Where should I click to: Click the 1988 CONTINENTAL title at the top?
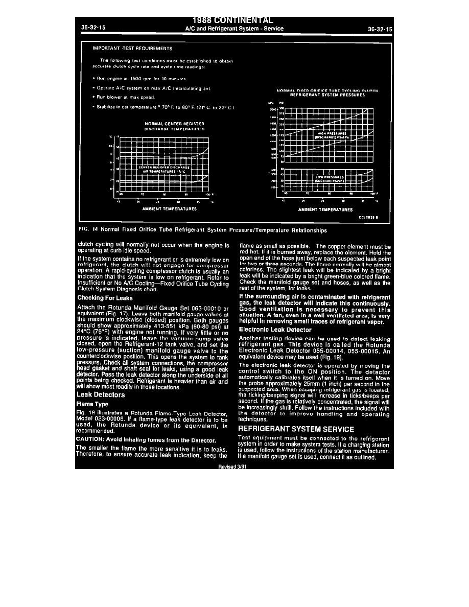pos(234,20)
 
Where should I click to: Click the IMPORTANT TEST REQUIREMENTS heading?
pos(132,49)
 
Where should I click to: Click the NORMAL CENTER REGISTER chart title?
pos(175,124)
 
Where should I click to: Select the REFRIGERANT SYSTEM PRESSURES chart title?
pos(327,95)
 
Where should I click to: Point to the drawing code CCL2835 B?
pos(369,217)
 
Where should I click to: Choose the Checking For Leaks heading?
pos(105,298)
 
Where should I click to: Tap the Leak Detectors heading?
pos(101,395)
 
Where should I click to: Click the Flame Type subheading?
pos(92,404)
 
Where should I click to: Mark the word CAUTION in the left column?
pos(90,439)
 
